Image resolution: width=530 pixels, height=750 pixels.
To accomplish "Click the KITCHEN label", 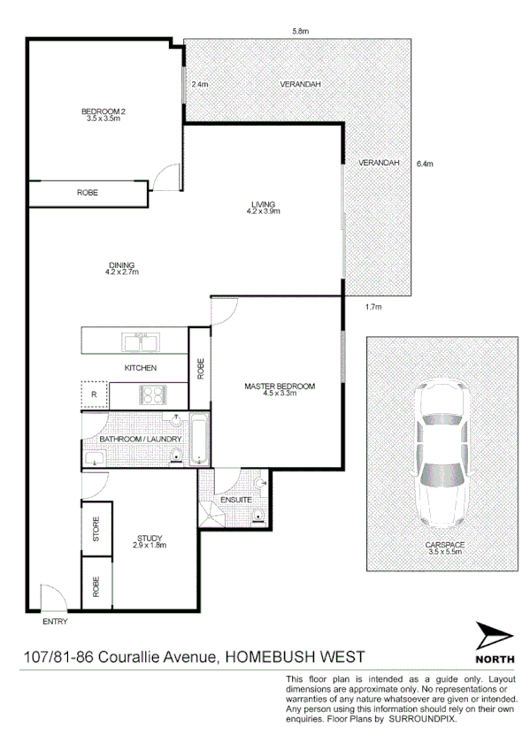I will pyautogui.click(x=140, y=367).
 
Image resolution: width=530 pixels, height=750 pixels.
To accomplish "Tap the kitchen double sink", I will pyautogui.click(x=140, y=341).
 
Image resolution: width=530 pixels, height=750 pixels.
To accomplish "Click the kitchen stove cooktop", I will pyautogui.click(x=153, y=394).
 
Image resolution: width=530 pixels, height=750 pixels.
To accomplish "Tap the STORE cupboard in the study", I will pyautogui.click(x=96, y=530).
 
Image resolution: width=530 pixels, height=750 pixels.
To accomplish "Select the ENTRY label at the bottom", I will pyautogui.click(x=54, y=622).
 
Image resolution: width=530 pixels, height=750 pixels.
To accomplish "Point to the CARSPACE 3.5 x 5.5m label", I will pyautogui.click(x=443, y=548).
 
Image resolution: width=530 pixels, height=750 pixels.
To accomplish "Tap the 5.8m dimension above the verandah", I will pyautogui.click(x=300, y=31).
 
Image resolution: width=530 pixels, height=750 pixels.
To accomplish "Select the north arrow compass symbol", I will pyautogui.click(x=493, y=637).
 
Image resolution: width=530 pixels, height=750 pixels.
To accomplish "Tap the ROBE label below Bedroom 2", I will pyautogui.click(x=87, y=193).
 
